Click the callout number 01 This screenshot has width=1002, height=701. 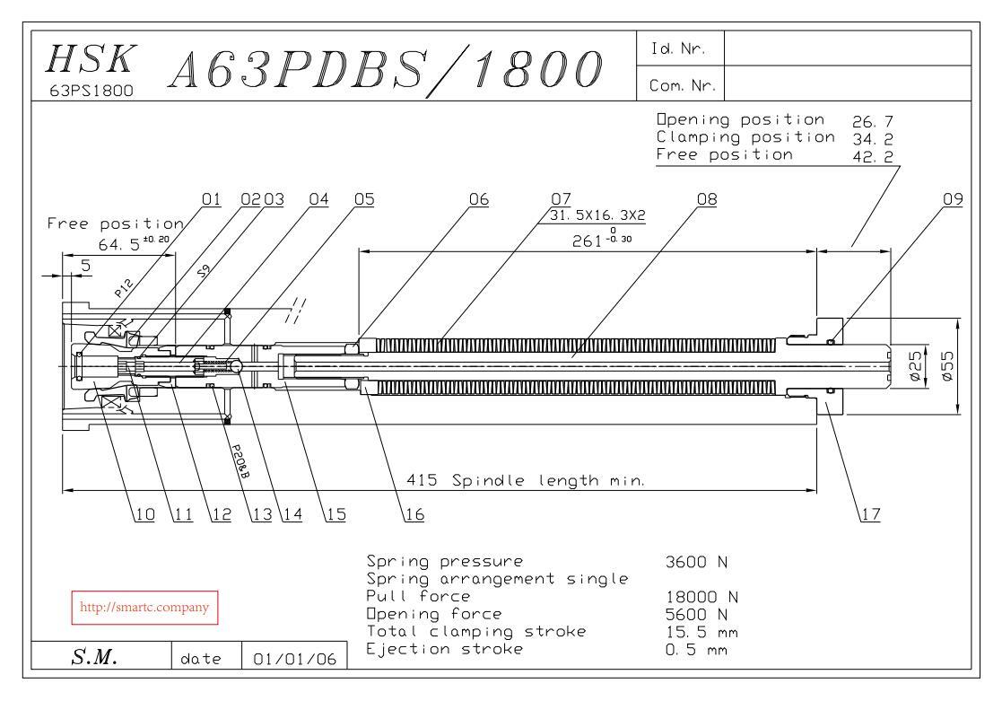(x=211, y=199)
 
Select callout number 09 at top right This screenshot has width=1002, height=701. (x=953, y=199)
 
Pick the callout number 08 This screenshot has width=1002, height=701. (x=707, y=199)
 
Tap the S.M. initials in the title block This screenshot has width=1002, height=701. (x=93, y=659)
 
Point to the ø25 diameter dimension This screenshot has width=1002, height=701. (x=916, y=367)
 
